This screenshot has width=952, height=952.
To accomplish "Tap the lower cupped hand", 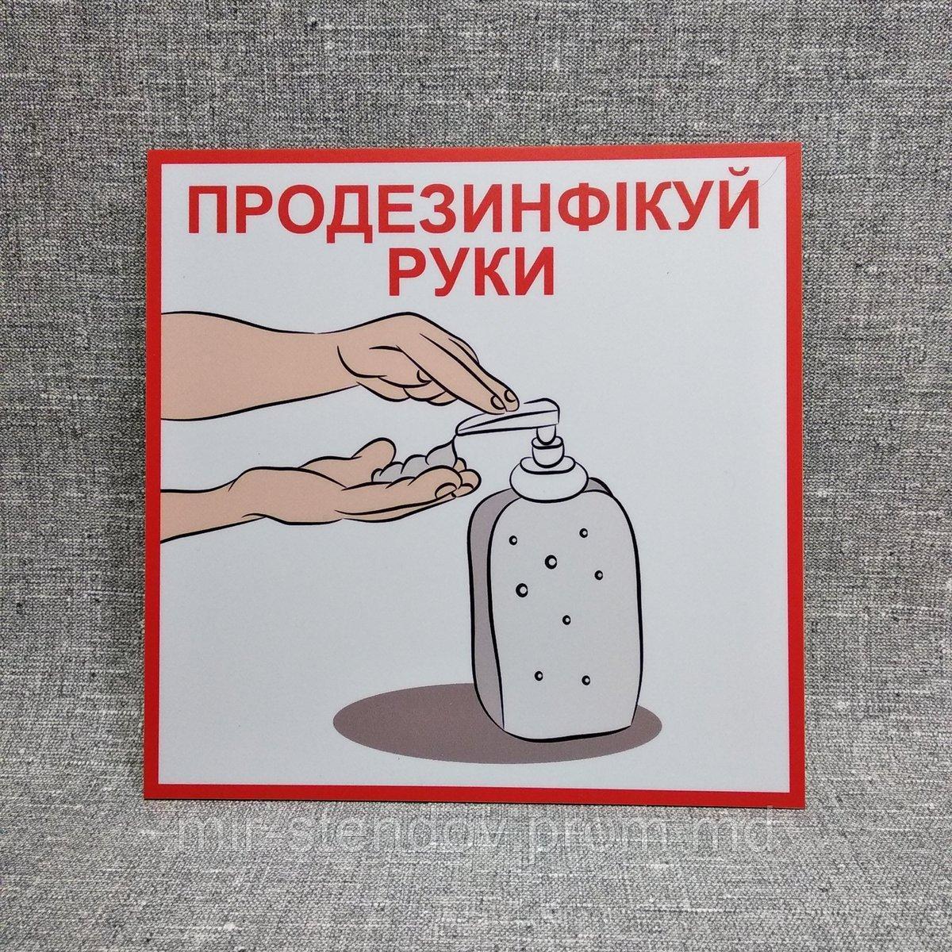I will pos(333,484).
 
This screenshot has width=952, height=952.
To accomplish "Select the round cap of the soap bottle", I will pos(548,480).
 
